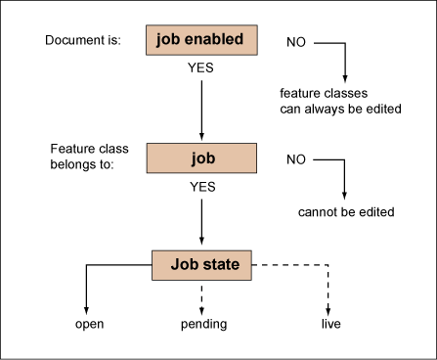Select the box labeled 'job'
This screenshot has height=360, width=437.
200,157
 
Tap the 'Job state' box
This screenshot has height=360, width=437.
200,262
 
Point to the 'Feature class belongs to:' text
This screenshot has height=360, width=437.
83,157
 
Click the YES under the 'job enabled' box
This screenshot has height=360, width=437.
200,71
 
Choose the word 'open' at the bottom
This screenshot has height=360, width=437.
90,323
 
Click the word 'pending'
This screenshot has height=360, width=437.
200,323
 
